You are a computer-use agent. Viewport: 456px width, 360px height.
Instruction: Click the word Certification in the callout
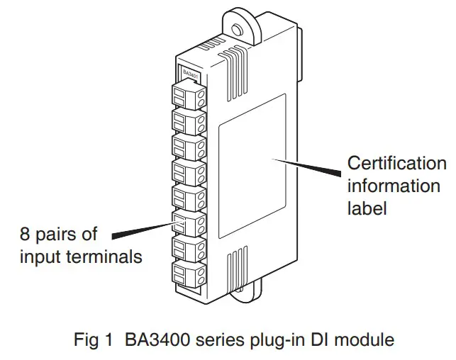tap(396, 164)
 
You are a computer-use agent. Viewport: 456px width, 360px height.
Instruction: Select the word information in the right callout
tap(393, 186)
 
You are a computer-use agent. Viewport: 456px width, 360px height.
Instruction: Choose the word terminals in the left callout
tap(106, 256)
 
